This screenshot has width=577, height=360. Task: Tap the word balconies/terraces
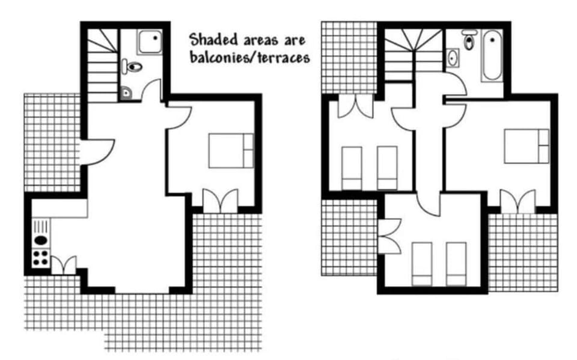coord(248,58)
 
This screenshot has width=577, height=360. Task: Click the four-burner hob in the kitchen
coord(40,258)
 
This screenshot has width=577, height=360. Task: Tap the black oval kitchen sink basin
coord(40,240)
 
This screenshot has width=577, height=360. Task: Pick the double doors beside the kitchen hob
coord(64,265)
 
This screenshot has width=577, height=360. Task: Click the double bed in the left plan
coord(231,150)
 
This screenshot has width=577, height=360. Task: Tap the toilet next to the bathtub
coord(469,40)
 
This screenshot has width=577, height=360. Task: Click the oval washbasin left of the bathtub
coord(452,58)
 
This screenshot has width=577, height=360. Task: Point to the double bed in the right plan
coord(527,146)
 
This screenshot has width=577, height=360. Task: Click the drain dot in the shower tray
coord(154,37)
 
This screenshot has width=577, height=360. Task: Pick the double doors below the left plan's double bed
coord(220,201)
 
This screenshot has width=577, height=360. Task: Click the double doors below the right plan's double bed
coord(518,201)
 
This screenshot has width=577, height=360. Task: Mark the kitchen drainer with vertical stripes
coord(40,227)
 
